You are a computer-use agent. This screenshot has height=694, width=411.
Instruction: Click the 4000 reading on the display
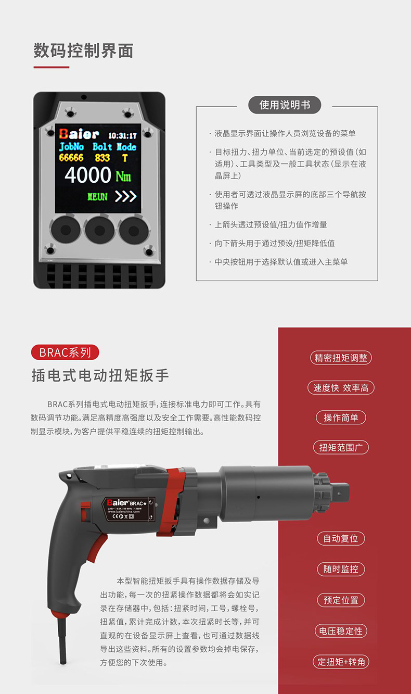pyautogui.click(x=88, y=175)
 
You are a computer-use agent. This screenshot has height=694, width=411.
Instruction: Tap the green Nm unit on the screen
pyautogui.click(x=123, y=176)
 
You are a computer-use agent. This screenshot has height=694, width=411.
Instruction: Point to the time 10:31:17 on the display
pyautogui.click(x=122, y=136)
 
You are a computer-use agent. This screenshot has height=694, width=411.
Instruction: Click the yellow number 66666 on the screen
pyautogui.click(x=71, y=158)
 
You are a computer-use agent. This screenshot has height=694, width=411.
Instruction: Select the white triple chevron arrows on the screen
pyautogui.click(x=126, y=196)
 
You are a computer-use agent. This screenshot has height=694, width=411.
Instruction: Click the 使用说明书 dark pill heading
pyautogui.click(x=285, y=105)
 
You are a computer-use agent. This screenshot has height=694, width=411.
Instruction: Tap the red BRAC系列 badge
pyautogui.click(x=65, y=352)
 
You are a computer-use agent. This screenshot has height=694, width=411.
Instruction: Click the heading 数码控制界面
pyautogui.click(x=83, y=51)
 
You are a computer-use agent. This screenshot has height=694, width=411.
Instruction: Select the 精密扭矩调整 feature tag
pyautogui.click(x=341, y=358)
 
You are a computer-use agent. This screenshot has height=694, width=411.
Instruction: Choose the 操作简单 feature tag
pyautogui.click(x=341, y=418)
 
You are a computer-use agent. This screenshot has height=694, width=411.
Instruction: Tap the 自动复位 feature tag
pyautogui.click(x=341, y=538)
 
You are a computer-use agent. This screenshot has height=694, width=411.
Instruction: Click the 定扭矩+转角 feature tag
pyautogui.click(x=341, y=662)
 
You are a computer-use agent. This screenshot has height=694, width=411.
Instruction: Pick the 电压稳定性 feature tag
pyautogui.click(x=341, y=631)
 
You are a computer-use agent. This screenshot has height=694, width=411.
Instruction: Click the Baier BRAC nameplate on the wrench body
pyautogui.click(x=129, y=509)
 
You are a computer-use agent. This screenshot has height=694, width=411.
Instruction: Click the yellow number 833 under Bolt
pyautogui.click(x=102, y=158)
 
